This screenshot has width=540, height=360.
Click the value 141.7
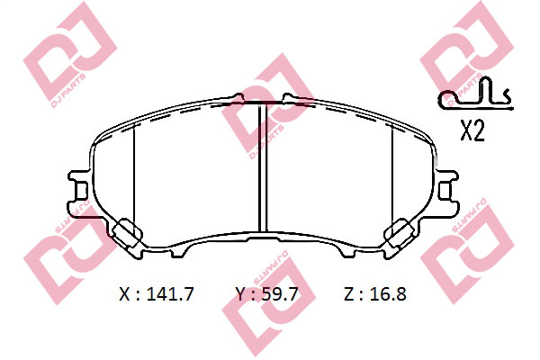[169, 293]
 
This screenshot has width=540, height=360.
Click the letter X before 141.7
[125, 293]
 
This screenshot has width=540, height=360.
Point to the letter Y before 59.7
[239, 293]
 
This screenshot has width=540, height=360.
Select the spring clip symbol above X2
[473, 94]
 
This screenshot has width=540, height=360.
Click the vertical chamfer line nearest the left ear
[133, 175]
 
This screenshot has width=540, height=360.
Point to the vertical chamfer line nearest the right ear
[392, 175]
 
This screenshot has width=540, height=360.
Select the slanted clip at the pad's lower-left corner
[127, 234]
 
